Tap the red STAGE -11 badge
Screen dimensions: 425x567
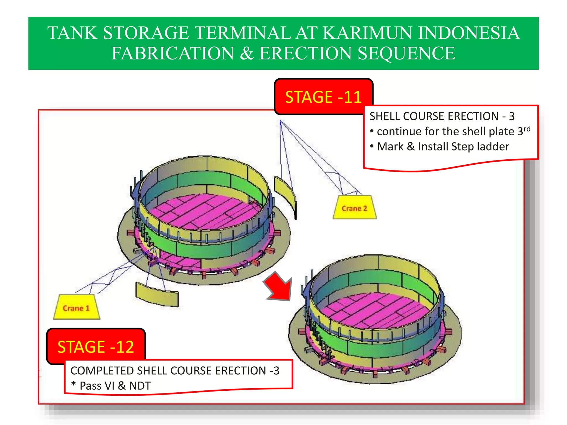[x=323, y=97]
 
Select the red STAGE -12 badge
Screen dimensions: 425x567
[x=96, y=346]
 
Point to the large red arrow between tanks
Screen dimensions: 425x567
[x=279, y=287]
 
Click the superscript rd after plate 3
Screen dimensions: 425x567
[x=527, y=129]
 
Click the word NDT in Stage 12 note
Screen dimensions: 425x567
[x=140, y=386]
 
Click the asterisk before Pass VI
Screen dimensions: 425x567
[x=73, y=385]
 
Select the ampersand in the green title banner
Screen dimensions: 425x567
[x=247, y=53]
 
